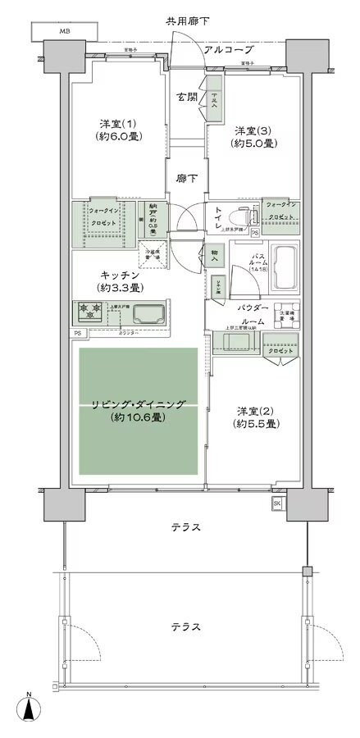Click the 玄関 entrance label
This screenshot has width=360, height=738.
[x=187, y=97]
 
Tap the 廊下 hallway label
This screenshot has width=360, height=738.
[x=186, y=177]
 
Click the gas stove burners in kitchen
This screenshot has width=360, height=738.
[x=89, y=311]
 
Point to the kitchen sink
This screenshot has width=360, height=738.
[x=148, y=312]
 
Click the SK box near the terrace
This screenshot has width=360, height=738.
[x=276, y=503]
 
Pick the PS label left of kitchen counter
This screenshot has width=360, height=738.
[x=77, y=334]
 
